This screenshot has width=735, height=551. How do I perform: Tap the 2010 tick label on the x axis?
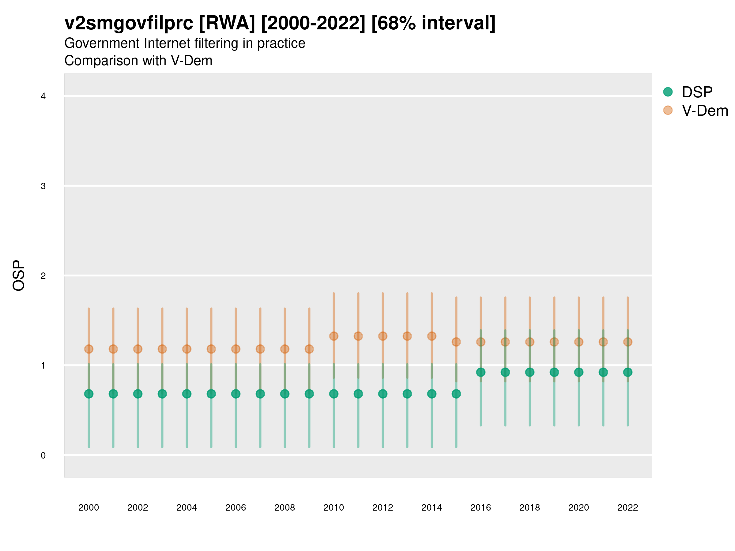(334, 508)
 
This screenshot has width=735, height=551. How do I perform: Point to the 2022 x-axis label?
(627, 508)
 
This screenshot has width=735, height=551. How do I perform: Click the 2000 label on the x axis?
(89, 508)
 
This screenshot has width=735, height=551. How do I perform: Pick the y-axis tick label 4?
(43, 96)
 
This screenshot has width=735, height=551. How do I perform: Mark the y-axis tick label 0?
(43, 455)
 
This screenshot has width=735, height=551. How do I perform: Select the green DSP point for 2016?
(481, 372)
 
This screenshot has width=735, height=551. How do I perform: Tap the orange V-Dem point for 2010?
(334, 336)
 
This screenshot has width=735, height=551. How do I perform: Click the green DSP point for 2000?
(89, 394)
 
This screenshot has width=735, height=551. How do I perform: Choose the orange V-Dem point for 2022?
(627, 342)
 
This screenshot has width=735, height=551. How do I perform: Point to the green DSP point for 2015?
(456, 394)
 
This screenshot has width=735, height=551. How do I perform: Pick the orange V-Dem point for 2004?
(187, 349)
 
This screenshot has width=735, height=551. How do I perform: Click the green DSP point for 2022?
(627, 372)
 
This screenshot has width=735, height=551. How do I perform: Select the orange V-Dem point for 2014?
(432, 336)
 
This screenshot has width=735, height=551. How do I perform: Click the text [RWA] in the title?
(227, 23)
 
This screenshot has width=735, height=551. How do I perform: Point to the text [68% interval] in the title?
(433, 23)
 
